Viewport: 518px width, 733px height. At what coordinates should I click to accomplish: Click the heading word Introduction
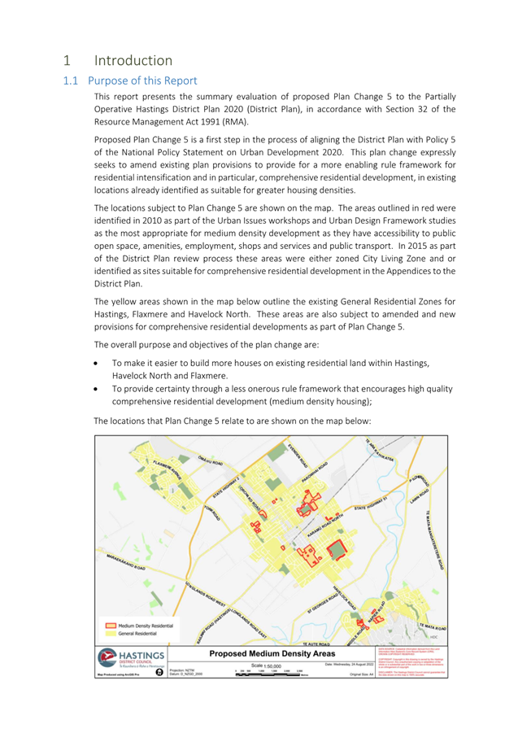click(133, 60)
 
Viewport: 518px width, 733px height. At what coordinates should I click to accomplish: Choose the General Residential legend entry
click(137, 632)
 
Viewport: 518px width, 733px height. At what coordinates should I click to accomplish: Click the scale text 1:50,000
click(268, 665)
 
